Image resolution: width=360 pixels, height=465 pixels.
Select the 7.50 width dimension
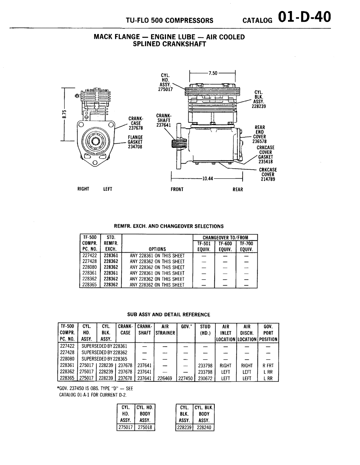[x=213, y=73]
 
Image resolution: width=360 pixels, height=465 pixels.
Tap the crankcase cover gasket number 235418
[x=266, y=162]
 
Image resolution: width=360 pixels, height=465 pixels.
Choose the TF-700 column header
[x=246, y=243]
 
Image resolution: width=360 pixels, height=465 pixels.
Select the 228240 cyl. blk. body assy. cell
[x=204, y=427]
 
